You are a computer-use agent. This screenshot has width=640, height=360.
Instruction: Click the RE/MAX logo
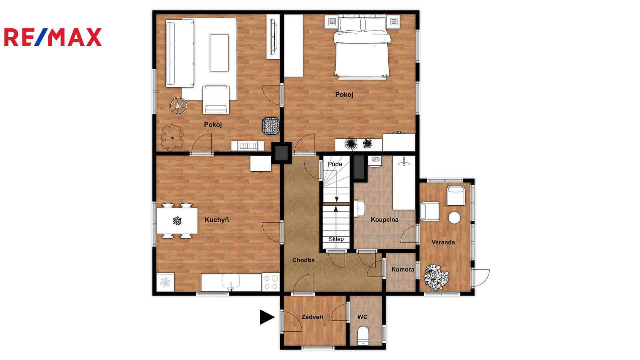53,37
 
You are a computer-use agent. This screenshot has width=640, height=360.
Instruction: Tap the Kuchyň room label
217,220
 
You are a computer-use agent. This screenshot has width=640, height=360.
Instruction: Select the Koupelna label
384,220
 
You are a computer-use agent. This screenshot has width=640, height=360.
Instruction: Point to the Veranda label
443,242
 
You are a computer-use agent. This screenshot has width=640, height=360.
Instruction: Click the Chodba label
304,260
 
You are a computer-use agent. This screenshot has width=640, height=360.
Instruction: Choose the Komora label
402,269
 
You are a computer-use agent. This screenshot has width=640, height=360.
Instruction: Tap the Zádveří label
312,317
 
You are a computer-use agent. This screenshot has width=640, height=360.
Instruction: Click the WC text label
362,317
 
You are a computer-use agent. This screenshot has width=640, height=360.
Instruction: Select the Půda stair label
335,164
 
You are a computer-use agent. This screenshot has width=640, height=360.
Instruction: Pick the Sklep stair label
336,239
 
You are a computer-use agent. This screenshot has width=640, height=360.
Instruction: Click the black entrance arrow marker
267,317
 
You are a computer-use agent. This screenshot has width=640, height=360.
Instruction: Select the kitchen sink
231,282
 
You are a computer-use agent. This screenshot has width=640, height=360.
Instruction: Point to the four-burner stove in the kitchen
270,282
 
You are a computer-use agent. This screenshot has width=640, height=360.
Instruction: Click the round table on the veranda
454,218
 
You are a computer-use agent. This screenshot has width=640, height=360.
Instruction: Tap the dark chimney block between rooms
282,153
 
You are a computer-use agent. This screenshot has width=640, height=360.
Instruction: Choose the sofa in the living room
180,54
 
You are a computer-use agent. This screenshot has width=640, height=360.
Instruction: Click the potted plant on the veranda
436,278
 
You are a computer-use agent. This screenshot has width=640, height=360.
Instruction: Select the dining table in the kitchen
177,221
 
